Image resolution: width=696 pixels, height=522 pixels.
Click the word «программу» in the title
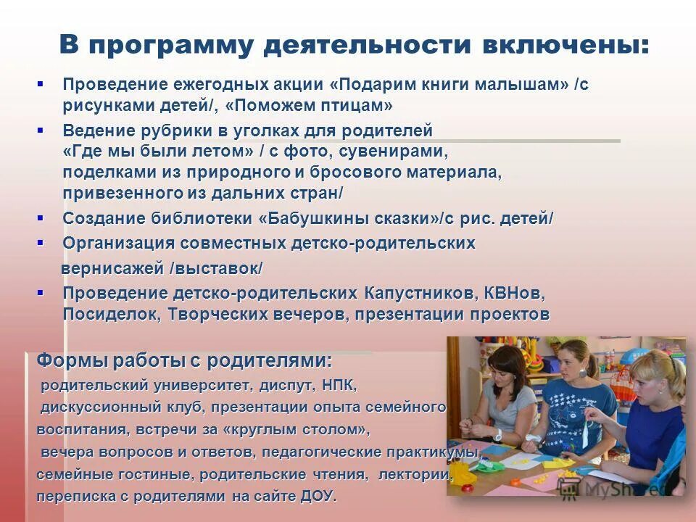(x=170, y=45)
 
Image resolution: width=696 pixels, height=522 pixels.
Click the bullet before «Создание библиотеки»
(x=40, y=217)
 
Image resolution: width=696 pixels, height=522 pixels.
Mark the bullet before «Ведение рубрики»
(x=40, y=130)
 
